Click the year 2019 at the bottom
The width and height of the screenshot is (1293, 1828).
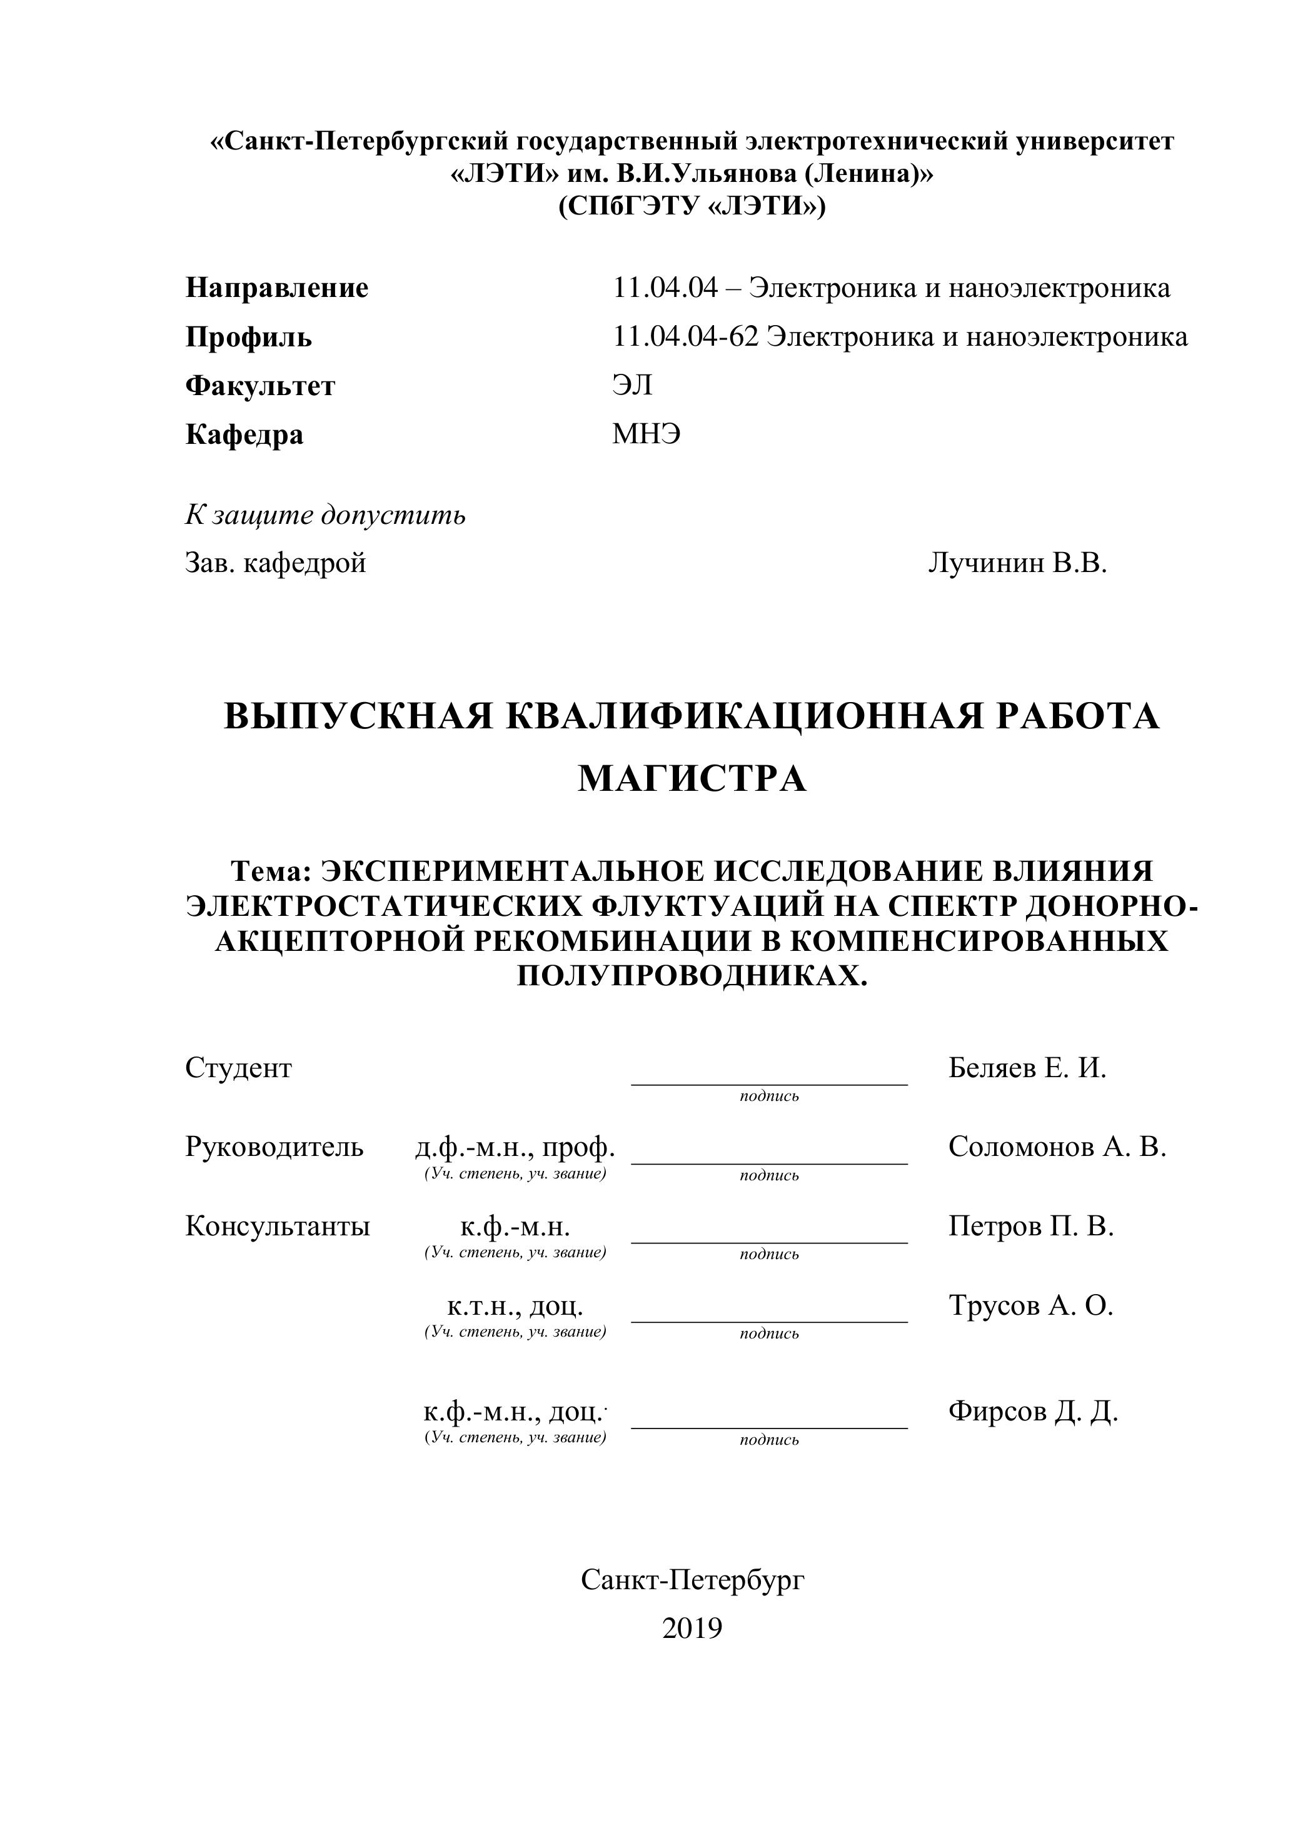pos(692,1628)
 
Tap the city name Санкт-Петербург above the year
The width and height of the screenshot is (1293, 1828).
pos(693,1580)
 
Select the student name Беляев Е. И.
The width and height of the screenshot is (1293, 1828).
pos(1027,1068)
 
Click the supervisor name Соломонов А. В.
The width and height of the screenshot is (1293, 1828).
pos(1057,1147)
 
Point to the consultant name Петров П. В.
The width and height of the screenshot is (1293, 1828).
pos(1030,1226)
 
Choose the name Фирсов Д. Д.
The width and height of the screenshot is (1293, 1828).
pos(1033,1411)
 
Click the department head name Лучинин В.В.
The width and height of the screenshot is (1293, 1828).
pos(1017,564)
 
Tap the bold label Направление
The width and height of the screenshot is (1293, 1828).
pos(276,288)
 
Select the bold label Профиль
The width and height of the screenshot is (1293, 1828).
pos(248,338)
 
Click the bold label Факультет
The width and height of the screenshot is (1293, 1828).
pos(260,386)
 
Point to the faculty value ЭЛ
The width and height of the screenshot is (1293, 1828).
pos(632,386)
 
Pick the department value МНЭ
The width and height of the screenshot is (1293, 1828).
pos(646,434)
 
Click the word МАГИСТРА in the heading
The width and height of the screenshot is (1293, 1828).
pos(692,779)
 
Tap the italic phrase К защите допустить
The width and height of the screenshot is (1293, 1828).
pos(325,515)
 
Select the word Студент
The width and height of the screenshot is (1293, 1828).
pos(238,1068)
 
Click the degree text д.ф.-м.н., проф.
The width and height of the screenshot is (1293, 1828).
pos(515,1147)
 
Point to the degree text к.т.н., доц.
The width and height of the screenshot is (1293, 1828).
pos(515,1306)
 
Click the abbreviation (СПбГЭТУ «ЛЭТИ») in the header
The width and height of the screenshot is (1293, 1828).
pos(692,206)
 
